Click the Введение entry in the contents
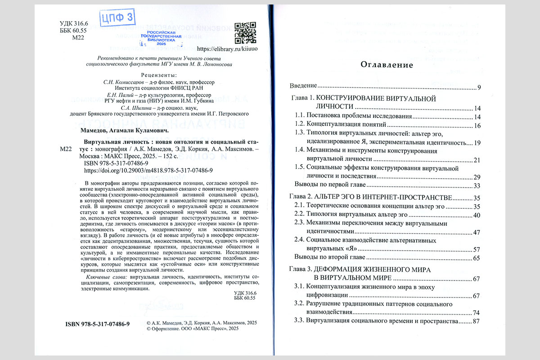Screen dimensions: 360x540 point(304,86)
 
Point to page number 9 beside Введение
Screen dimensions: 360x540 point(479,87)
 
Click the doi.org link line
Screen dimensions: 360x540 point(148,171)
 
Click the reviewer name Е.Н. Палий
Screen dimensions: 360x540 point(116,95)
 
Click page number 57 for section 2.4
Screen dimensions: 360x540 point(477,249)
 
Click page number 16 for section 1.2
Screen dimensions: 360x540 point(477,125)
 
